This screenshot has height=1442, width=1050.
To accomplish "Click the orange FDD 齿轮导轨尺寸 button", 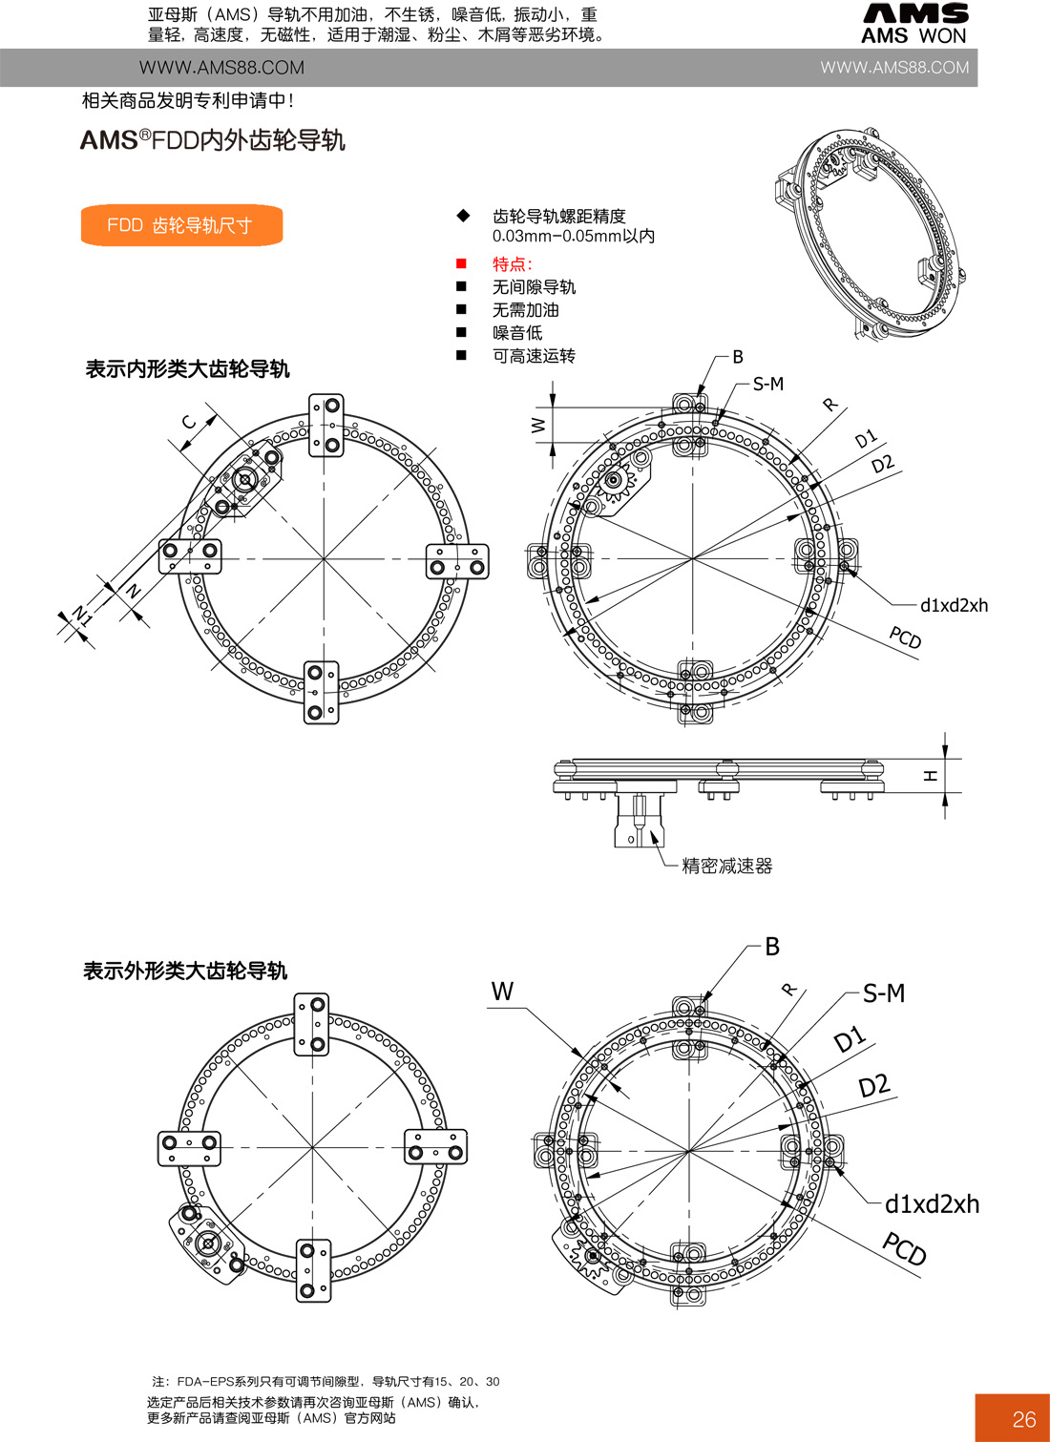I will coord(181,225).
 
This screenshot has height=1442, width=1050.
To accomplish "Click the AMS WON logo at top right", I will coord(913,25).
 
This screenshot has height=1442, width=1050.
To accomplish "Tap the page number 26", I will coord(1023,1419).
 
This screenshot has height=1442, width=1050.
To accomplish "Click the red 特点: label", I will coord(512,264).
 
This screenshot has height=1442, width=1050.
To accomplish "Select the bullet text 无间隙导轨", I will coord(534,287).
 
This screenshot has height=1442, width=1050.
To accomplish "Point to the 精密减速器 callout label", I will coord(726,866).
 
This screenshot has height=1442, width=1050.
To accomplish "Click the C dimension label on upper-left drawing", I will coord(189,422).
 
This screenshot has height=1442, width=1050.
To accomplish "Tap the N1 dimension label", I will coord(83,616).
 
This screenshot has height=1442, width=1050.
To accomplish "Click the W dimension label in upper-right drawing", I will coord(537,425).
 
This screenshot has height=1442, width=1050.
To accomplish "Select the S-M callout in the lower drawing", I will coord(883,993).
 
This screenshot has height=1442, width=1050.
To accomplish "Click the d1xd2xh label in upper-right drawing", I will coord(954,605).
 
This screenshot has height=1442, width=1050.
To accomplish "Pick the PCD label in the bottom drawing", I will coord(904,1248).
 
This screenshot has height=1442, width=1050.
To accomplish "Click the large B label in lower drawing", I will coord(772,947).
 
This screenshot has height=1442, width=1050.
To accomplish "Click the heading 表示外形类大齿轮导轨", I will coord(185,971).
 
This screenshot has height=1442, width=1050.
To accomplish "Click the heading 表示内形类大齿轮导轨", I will coord(187,368).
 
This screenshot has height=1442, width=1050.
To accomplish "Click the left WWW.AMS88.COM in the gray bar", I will coord(221,68).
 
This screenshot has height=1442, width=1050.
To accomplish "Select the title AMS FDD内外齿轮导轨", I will coord(212,140).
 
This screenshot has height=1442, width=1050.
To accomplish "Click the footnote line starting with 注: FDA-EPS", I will coord(325,1381).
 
